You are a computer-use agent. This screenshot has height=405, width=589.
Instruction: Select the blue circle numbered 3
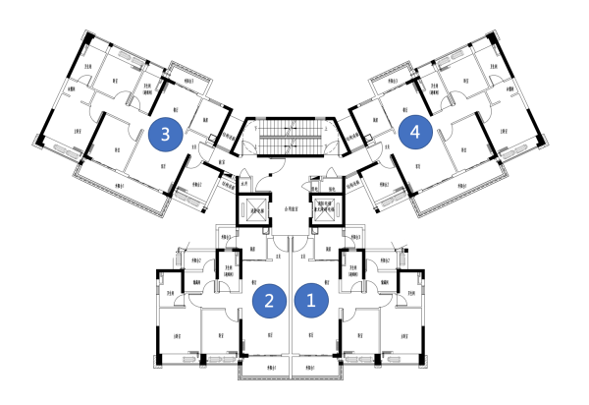click(x=166, y=134)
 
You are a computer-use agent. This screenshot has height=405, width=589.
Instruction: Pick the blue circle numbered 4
click(x=417, y=132)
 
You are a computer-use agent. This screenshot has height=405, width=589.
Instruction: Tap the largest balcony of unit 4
click(x=466, y=189)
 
